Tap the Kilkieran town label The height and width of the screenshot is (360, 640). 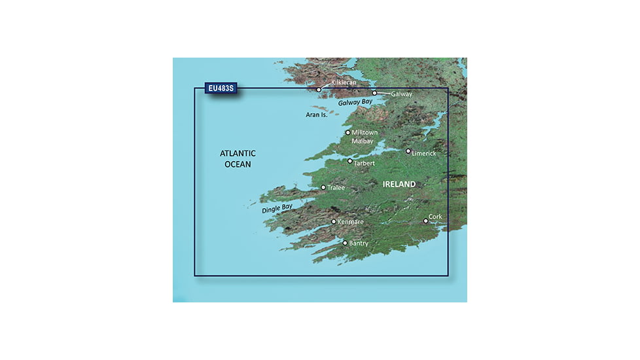[346, 83]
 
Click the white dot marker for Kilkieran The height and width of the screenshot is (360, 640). [319, 90]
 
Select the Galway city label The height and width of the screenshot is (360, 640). [401, 94]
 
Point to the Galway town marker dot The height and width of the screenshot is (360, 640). [375, 93]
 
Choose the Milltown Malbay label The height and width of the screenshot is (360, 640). [365, 136]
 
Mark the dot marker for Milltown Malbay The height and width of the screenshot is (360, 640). [348, 133]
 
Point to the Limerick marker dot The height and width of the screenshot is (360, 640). [408, 151]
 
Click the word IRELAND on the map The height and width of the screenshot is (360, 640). [399, 185]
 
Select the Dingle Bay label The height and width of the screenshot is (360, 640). [277, 209]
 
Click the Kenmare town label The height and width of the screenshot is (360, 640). [351, 223]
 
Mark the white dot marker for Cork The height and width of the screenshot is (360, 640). [426, 221]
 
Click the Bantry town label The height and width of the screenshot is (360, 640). [359, 243]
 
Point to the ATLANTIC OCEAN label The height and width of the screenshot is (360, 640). [238, 158]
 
